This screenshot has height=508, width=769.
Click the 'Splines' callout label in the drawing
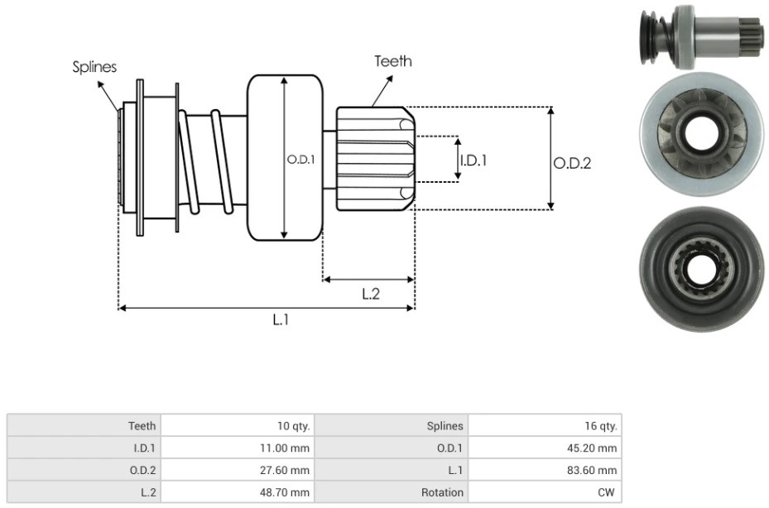coord(94,67)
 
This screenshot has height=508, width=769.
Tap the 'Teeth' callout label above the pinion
coord(393,61)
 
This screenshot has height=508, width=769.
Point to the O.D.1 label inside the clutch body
coord(300,160)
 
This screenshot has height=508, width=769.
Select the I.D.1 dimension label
coord(473,161)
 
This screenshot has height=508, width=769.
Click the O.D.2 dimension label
coord(572,163)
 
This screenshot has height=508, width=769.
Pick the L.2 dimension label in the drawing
coord(371,294)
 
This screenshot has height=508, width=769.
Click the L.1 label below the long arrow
coord(281,319)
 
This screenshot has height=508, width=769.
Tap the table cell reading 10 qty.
coord(293,425)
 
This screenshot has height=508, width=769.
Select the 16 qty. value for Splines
coord(600,425)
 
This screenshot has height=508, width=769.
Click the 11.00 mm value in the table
coord(285,448)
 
